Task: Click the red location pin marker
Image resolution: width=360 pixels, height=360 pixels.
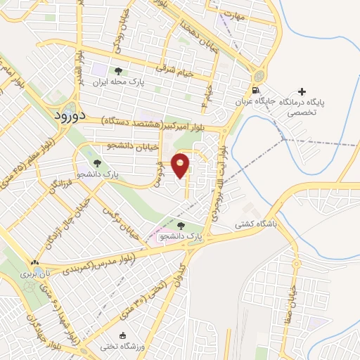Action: click(x=181, y=164)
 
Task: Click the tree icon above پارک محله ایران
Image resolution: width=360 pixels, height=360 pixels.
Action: click(x=117, y=71)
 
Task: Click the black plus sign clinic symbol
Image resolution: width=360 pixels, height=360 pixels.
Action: click(x=302, y=91)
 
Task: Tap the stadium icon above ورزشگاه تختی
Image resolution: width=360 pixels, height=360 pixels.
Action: click(x=124, y=335)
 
